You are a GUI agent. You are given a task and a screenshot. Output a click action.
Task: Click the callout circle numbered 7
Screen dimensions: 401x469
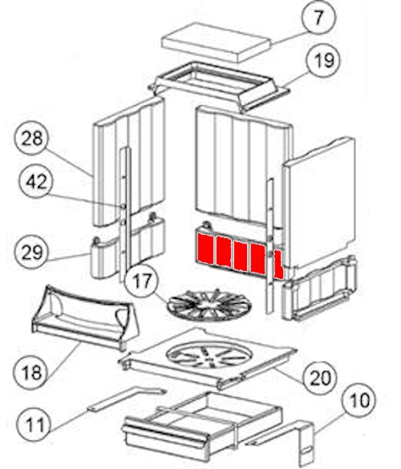tap(318, 18)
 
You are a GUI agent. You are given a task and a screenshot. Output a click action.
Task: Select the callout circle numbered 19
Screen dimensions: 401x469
tap(324, 60)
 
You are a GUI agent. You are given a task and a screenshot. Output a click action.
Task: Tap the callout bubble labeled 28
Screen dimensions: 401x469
tap(32, 138)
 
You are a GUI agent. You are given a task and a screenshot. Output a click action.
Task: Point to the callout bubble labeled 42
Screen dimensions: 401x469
tap(36, 181)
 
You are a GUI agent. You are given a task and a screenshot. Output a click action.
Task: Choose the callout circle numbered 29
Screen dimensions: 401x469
tap(32, 253)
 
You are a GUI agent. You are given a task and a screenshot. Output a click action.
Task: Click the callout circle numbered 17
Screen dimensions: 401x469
tap(142, 281)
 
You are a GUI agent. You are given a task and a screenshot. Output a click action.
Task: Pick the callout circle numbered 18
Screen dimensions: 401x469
tap(31, 372)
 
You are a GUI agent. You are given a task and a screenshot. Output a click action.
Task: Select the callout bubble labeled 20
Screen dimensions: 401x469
tap(320, 378)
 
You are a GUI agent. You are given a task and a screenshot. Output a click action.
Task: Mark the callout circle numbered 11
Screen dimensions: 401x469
tap(34, 425)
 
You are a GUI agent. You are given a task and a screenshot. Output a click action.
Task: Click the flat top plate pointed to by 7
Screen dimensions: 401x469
tap(216, 42)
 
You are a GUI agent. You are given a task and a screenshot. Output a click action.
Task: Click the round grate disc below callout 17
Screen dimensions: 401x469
tap(209, 305)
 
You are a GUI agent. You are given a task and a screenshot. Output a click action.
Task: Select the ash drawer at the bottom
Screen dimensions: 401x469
tap(202, 427)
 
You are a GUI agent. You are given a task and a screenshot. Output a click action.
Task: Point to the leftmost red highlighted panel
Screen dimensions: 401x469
tap(205, 249)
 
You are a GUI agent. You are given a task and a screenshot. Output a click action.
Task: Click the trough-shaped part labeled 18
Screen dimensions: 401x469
tap(85, 317)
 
